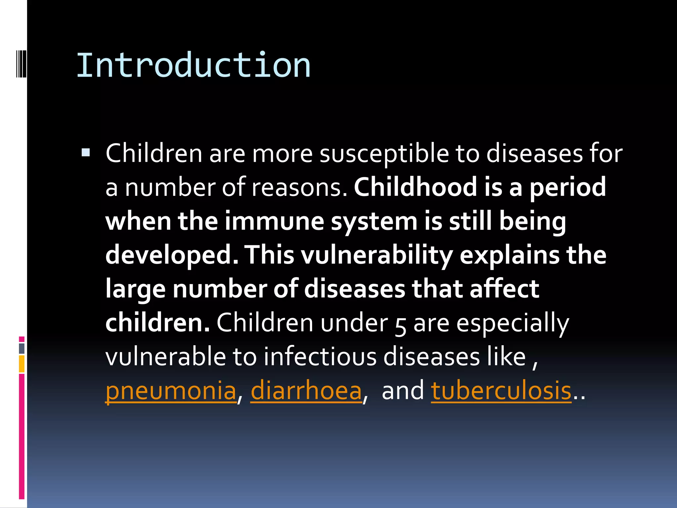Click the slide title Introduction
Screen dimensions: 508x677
[x=193, y=65]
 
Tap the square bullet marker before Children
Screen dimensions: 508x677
[x=86, y=152]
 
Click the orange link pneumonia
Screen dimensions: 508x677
[x=171, y=391]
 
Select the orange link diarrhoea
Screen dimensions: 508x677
[x=306, y=391]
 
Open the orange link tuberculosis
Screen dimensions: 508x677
[x=501, y=391]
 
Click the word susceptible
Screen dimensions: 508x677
[x=384, y=154]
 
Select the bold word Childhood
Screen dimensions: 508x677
[x=415, y=187]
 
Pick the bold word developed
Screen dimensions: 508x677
[x=172, y=256]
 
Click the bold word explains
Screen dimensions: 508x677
[x=509, y=255]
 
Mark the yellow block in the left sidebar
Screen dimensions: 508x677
[x=21, y=364]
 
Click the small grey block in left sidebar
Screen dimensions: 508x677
[x=21, y=348]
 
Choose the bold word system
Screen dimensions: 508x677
[x=374, y=222]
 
